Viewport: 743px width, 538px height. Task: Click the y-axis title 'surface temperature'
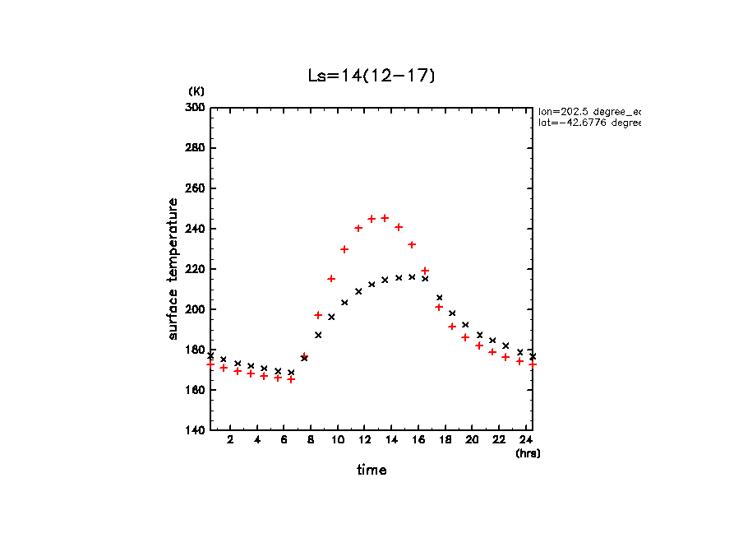click(x=173, y=269)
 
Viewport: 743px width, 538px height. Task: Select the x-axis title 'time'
click(x=371, y=471)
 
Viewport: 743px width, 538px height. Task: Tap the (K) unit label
click(x=196, y=91)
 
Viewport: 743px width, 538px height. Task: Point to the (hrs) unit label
click(x=528, y=453)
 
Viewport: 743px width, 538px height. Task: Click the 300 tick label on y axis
click(x=196, y=108)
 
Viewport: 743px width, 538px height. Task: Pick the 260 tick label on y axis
click(x=196, y=188)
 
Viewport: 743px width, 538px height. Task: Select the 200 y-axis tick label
click(x=196, y=309)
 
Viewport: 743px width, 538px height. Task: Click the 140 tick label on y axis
click(x=196, y=430)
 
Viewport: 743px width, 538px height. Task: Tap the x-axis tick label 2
click(x=230, y=441)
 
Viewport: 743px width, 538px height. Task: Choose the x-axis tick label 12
click(x=364, y=441)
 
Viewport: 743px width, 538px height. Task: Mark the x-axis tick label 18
click(x=445, y=441)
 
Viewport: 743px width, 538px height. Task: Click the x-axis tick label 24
click(x=525, y=441)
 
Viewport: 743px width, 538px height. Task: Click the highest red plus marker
click(x=385, y=218)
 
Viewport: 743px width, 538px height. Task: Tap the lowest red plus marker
click(x=291, y=379)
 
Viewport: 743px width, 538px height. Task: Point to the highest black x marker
click(x=412, y=277)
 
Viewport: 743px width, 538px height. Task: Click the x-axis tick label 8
click(x=311, y=441)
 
